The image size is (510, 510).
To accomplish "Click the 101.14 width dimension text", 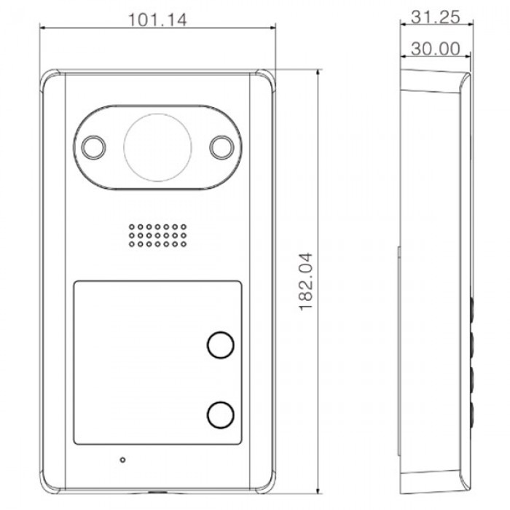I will click(x=157, y=20).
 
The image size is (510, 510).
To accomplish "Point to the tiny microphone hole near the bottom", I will click(x=122, y=460).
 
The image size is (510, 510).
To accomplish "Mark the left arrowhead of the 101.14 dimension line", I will click(x=43, y=28).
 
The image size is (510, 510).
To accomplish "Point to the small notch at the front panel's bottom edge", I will click(x=158, y=492).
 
